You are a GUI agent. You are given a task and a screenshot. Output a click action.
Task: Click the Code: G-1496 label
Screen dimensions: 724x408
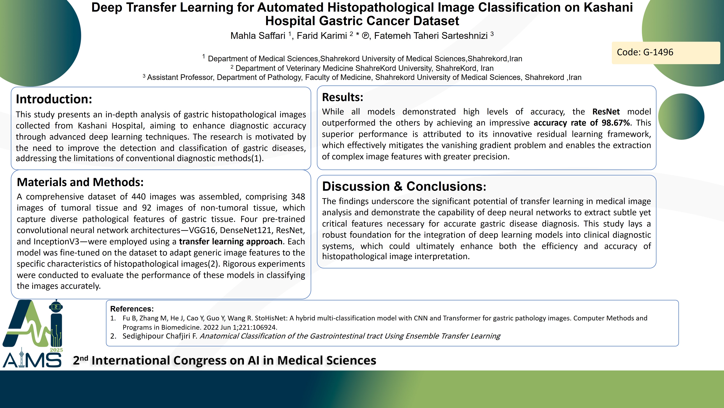coord(645,52)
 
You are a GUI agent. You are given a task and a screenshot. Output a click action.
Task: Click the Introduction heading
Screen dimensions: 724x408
coord(54,99)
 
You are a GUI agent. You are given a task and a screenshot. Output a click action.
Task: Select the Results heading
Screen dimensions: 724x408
coord(343,97)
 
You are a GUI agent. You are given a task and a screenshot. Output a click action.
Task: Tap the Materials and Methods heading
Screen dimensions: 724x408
coord(80,182)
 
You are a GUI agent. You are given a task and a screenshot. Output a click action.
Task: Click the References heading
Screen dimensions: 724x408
coord(132,309)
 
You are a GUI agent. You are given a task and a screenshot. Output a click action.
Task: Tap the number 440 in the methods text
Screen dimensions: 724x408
coord(139,197)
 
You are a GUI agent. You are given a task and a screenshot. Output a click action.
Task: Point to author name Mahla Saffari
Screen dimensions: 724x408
coord(258,36)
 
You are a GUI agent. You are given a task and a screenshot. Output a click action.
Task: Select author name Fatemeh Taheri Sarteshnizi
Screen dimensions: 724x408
coord(431,36)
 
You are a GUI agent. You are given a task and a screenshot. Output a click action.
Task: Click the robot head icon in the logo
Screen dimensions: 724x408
coord(56,306)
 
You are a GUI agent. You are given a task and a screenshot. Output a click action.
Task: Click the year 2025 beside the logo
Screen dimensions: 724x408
coord(56,350)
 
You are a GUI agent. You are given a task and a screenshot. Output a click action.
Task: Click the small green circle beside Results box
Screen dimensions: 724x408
coord(681,117)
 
